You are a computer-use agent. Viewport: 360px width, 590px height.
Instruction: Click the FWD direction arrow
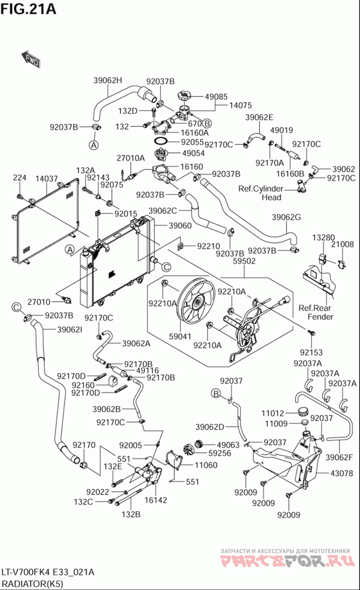[31, 59]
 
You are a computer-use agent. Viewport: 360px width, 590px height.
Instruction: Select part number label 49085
[216, 96]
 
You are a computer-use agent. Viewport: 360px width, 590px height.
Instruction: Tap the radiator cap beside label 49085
[184, 96]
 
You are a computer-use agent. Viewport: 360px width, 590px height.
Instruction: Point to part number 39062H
[108, 81]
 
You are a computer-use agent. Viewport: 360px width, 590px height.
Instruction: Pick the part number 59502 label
[244, 260]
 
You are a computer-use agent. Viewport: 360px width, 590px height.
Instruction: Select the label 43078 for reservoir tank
[342, 473]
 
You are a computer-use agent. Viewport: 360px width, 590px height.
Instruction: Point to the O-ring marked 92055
[160, 142]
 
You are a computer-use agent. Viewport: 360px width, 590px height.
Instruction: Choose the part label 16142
[156, 500]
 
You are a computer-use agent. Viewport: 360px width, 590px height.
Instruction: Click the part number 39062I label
[69, 330]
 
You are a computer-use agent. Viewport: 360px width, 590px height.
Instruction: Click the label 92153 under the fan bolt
[312, 352]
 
